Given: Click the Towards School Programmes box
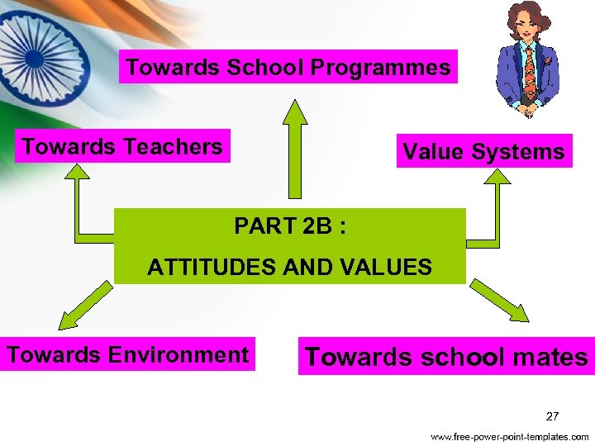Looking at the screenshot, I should (288, 67).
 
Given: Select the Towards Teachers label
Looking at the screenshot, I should (122, 146).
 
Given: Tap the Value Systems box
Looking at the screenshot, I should (483, 151).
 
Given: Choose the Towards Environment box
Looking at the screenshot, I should (127, 354).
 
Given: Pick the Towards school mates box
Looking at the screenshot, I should (446, 357).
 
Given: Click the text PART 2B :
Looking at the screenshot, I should (289, 225).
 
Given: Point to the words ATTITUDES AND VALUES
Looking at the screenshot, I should (289, 267).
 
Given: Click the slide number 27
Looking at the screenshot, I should (553, 415).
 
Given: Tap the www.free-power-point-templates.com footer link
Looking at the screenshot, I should (509, 436).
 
